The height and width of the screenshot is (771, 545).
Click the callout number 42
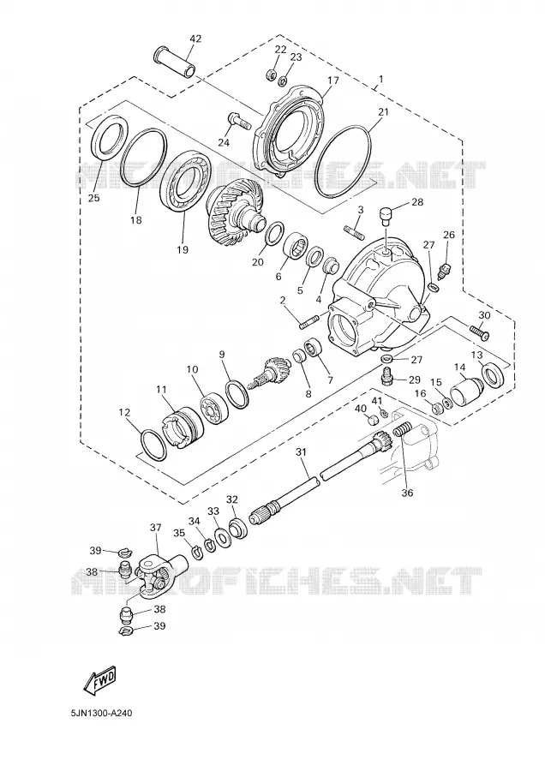click(195, 39)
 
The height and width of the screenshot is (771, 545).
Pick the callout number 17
click(333, 81)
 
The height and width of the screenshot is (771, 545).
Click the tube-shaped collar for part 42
click(176, 62)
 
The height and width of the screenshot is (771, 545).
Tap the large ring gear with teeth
click(234, 207)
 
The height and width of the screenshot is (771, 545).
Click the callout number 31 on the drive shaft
click(301, 451)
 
